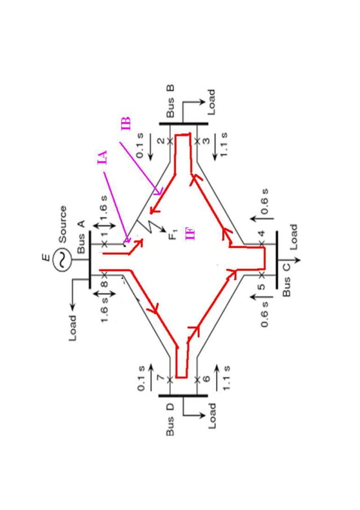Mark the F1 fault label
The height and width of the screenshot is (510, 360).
click(x=173, y=233)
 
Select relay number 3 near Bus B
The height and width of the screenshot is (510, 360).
click(x=207, y=141)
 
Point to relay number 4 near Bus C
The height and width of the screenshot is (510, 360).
click(x=261, y=233)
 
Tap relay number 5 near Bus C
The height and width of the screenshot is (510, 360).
click(x=261, y=286)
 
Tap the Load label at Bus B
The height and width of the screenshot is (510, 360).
click(x=211, y=102)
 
